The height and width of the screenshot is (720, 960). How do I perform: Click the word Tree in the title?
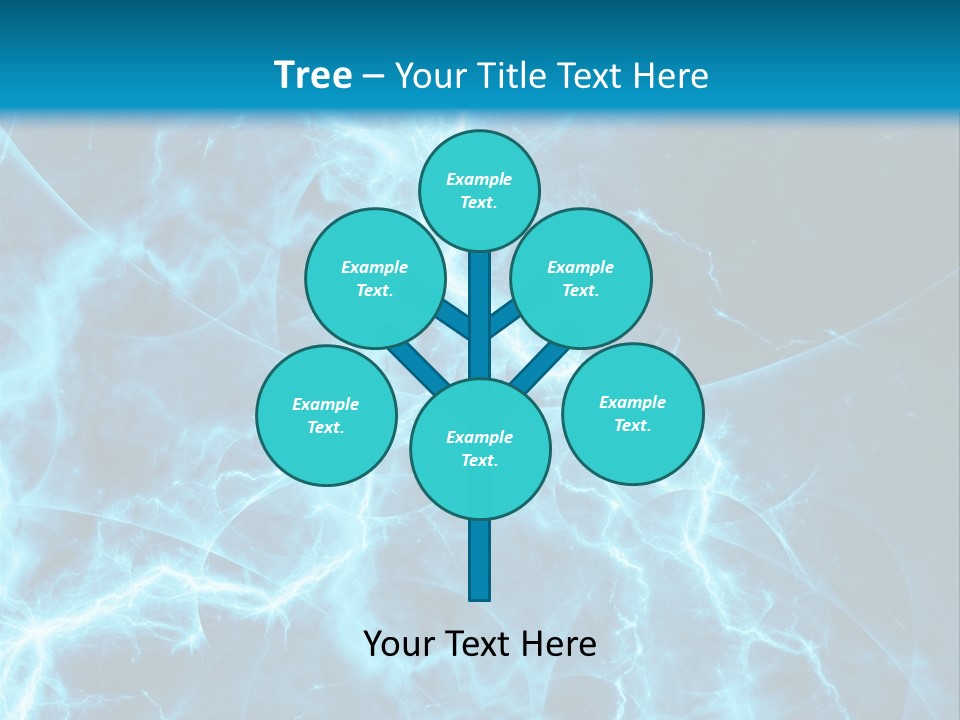313,75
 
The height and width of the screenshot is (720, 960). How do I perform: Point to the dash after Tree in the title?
373,77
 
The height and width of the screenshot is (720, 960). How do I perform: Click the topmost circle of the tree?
479,190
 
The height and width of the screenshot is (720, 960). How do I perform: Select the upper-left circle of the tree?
375,278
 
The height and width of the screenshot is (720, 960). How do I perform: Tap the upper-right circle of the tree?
581,278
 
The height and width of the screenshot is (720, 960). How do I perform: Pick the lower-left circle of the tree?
326,415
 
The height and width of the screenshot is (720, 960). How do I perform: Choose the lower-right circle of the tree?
632,413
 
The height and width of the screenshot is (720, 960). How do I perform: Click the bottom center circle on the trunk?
480,448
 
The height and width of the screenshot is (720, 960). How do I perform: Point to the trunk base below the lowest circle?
480,560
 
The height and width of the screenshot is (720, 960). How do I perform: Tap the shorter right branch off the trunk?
504,319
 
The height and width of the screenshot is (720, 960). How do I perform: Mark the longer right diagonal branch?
540,367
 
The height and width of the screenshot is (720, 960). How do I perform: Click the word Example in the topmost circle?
479,179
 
